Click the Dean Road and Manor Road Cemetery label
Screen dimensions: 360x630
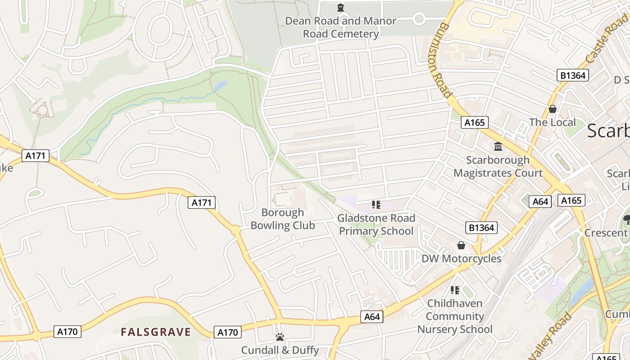[x=341, y=27]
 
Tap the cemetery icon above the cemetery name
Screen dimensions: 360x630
[x=341, y=8]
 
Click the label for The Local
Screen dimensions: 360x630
[x=552, y=122]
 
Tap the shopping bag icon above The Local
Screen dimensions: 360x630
[x=552, y=109]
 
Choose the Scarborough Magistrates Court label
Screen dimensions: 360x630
[x=498, y=166]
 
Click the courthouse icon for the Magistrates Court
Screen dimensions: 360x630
[x=498, y=146]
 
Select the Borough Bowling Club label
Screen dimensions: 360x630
[x=283, y=219]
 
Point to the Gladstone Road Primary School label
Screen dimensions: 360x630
[x=376, y=225]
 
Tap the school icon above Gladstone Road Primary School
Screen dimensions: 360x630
[x=376, y=205]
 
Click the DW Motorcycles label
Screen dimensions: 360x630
[x=461, y=259]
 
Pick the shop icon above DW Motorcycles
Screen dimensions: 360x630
[x=461, y=245]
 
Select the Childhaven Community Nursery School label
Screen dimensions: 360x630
[x=455, y=316]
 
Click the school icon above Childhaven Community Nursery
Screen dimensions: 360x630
[x=455, y=290]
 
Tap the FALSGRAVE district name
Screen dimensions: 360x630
[x=156, y=333]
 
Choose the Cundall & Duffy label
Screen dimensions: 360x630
[x=280, y=350]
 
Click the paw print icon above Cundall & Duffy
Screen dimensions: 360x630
[x=280, y=337]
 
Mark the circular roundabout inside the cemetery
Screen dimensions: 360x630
[x=419, y=18]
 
